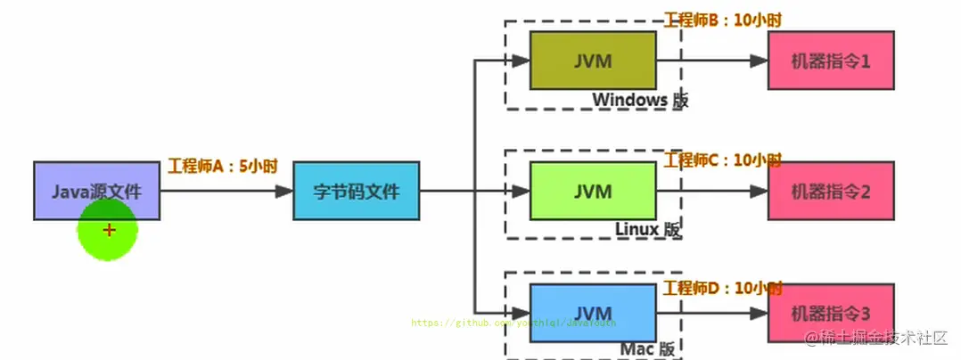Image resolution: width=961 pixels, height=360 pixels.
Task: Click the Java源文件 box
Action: coord(96,191)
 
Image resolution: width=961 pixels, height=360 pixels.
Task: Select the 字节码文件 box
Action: coord(356,191)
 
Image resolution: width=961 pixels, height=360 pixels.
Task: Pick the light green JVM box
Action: coord(593,191)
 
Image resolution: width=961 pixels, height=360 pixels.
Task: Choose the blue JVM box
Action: coord(593,313)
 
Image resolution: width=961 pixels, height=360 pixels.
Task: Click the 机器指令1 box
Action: coord(831,61)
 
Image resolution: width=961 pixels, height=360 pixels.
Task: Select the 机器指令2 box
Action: coord(831,191)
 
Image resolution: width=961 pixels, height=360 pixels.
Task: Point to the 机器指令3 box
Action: coord(831,313)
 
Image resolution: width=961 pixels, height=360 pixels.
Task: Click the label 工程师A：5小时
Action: coord(222,166)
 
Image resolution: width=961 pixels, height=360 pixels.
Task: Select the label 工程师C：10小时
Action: coord(723,160)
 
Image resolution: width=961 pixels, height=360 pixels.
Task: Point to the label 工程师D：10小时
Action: coord(723,288)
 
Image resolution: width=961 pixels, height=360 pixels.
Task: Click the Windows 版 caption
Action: coord(640,100)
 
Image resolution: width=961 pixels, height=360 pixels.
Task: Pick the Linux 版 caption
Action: coord(647,229)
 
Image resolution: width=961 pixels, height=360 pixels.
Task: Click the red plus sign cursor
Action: coord(109,230)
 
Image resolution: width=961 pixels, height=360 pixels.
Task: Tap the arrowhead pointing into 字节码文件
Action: coord(284,191)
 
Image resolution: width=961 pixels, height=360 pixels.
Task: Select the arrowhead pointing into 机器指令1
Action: coord(759,61)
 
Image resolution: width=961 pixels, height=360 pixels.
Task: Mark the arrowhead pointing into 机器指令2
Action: coord(759,191)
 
